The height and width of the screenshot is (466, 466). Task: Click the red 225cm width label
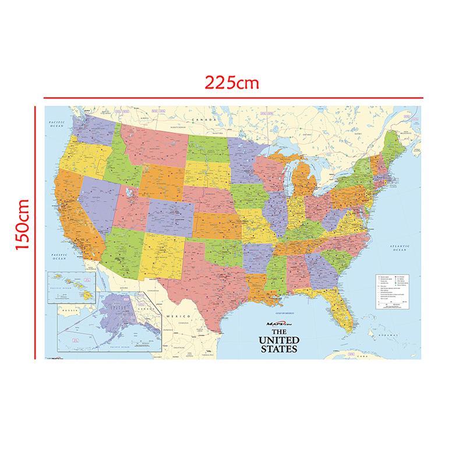click(x=232, y=82)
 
